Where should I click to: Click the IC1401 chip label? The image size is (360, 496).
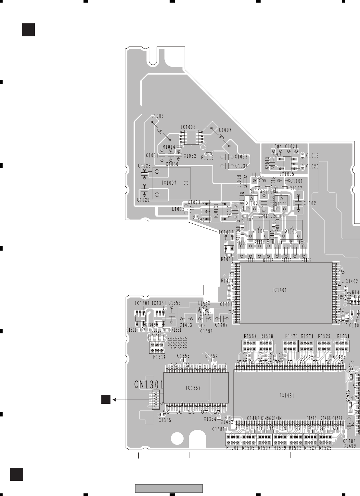point(279,290)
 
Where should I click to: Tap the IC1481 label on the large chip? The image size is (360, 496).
point(287,395)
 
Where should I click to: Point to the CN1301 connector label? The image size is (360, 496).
point(149,385)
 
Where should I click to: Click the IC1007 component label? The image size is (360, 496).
point(169,183)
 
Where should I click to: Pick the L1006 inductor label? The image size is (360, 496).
point(158,116)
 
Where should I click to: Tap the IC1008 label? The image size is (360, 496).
point(188,127)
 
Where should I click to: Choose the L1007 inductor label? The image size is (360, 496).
point(225,130)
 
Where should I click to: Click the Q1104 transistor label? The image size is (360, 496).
point(259,231)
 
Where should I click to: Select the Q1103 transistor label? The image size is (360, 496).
point(291,231)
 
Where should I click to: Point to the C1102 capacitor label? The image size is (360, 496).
point(310,204)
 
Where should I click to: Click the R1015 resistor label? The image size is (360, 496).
point(207,158)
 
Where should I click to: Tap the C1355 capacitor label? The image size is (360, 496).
point(165,420)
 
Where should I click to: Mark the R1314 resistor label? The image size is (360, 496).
point(159,357)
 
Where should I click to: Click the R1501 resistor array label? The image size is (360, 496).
point(232,448)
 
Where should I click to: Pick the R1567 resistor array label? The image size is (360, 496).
point(250,336)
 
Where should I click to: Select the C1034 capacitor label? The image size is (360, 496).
point(241,166)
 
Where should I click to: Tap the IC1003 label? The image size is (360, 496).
point(226,232)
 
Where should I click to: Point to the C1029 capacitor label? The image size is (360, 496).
point(143,200)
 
